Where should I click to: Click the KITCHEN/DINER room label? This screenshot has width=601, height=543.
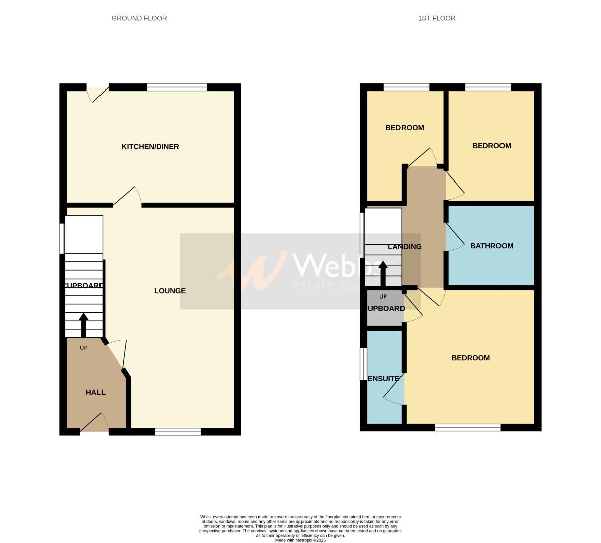(150, 147)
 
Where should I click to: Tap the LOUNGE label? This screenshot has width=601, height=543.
(170, 291)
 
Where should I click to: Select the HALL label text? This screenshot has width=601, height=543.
(95, 392)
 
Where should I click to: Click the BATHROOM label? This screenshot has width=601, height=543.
(491, 246)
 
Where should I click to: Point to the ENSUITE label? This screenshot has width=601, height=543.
(384, 379)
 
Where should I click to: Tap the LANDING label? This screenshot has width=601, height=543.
(405, 247)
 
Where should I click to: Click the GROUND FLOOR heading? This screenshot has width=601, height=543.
(139, 18)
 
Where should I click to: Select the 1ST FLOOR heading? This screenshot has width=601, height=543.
(436, 18)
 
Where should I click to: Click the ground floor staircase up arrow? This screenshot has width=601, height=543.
(83, 325)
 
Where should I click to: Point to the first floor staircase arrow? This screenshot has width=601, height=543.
(383, 274)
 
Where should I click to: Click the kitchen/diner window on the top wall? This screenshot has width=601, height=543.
(177, 87)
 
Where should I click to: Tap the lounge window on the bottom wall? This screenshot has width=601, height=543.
(177, 431)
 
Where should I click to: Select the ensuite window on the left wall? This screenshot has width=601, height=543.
(362, 364)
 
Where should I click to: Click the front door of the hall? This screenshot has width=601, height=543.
(94, 423)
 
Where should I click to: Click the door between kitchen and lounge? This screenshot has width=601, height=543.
(127, 198)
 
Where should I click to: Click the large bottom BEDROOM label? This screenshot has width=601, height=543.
(470, 358)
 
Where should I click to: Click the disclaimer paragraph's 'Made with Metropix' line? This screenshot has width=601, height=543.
(301, 540)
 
